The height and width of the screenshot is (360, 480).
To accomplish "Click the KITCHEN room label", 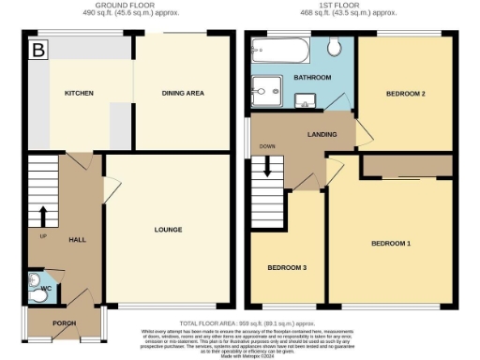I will pyautogui.click(x=77, y=95).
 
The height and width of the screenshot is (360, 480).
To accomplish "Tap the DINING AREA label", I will pyautogui.click(x=184, y=94).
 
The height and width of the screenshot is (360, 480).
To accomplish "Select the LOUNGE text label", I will pyautogui.click(x=169, y=230).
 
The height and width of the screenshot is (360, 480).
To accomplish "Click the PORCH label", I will pyautogui.click(x=65, y=324).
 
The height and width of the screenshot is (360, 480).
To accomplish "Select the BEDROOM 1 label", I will pyautogui.click(x=391, y=244).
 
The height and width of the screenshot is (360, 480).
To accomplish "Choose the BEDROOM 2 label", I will pyautogui.click(x=406, y=95).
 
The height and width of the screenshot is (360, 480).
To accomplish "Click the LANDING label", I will pyautogui.click(x=322, y=134).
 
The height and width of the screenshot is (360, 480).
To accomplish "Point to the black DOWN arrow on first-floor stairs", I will pyautogui.click(x=269, y=167).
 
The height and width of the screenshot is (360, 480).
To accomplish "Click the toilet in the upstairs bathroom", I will pyautogui.click(x=335, y=47).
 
